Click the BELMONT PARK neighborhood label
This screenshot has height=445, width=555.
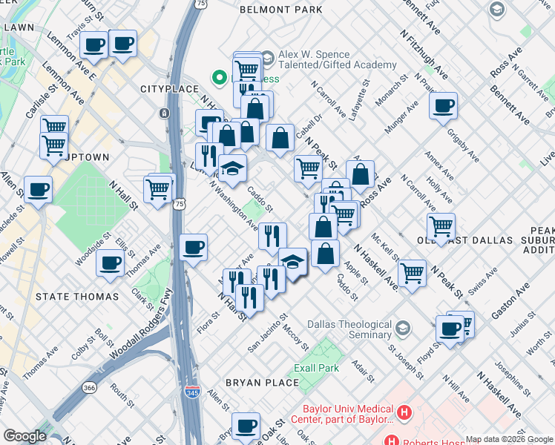coord(281,10)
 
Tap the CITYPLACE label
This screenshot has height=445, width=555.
coord(170,89)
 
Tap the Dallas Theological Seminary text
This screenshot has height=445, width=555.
coord(349,330)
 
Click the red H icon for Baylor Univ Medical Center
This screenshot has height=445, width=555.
coord(404,412)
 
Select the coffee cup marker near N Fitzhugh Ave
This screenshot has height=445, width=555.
coord(443,105)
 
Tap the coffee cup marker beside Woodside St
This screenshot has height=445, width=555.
coord(111,262)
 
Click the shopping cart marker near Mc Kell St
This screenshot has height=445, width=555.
coord(412,272)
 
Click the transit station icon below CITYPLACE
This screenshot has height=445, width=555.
coord(163,113)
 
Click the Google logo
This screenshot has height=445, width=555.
coord(24,436)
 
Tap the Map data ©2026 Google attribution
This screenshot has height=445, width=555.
coord(509,439)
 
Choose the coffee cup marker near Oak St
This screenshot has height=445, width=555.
coord(246,426)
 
